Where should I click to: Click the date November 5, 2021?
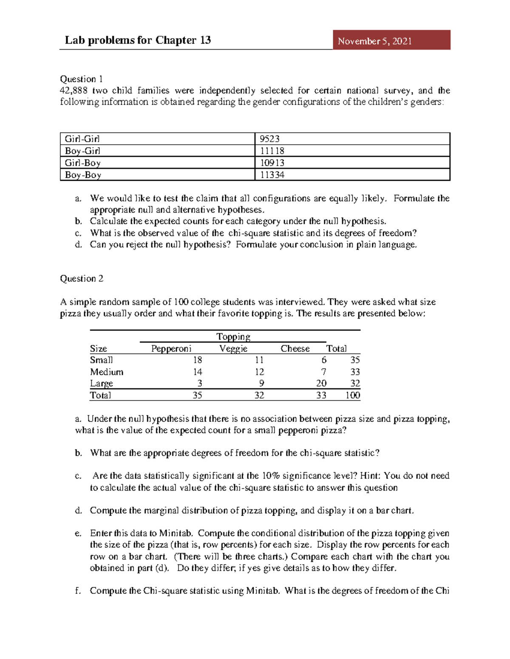pos(374,41)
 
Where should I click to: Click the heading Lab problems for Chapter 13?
pos(138,40)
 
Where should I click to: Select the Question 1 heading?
pos(81,79)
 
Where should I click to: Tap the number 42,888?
pos(74,90)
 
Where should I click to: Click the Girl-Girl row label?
pos(82,139)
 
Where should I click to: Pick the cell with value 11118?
pos(272,151)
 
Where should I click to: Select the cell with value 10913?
pos(272,163)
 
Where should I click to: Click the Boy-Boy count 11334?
pos(272,174)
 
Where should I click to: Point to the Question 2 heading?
pos(81,278)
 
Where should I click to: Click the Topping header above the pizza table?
pos(233,337)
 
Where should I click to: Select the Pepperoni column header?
pos(171,348)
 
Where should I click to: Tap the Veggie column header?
pos(233,348)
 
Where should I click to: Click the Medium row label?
pos(107,372)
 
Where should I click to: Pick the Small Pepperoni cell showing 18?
pos(197,360)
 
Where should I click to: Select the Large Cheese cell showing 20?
pos(321,383)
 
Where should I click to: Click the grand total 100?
pos(353,395)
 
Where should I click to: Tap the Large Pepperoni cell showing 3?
pos(199,383)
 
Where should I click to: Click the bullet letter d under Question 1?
pos(78,244)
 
